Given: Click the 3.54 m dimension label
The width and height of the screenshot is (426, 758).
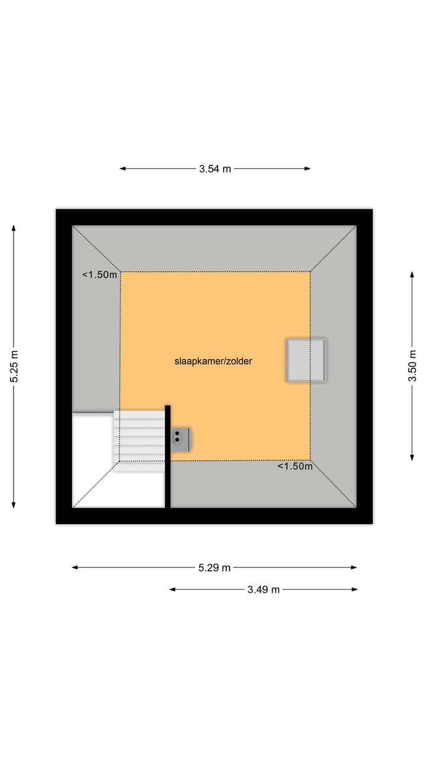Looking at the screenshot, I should (x=215, y=169).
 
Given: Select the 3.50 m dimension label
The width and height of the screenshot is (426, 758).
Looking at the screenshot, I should (x=412, y=367).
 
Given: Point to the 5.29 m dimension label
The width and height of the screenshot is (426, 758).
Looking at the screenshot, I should (x=214, y=568).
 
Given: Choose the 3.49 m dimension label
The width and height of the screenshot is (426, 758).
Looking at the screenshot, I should (x=263, y=590).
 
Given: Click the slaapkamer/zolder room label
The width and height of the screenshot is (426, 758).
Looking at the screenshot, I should (x=213, y=361).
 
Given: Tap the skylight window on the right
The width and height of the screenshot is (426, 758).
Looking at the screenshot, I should (x=306, y=360).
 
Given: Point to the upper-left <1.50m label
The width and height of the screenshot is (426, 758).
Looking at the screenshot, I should (x=99, y=275).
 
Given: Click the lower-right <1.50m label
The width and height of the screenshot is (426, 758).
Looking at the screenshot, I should (x=295, y=467).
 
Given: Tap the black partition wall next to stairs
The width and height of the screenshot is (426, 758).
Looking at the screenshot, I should (x=167, y=456).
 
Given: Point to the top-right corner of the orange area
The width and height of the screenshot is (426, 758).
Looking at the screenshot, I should (x=310, y=272).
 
